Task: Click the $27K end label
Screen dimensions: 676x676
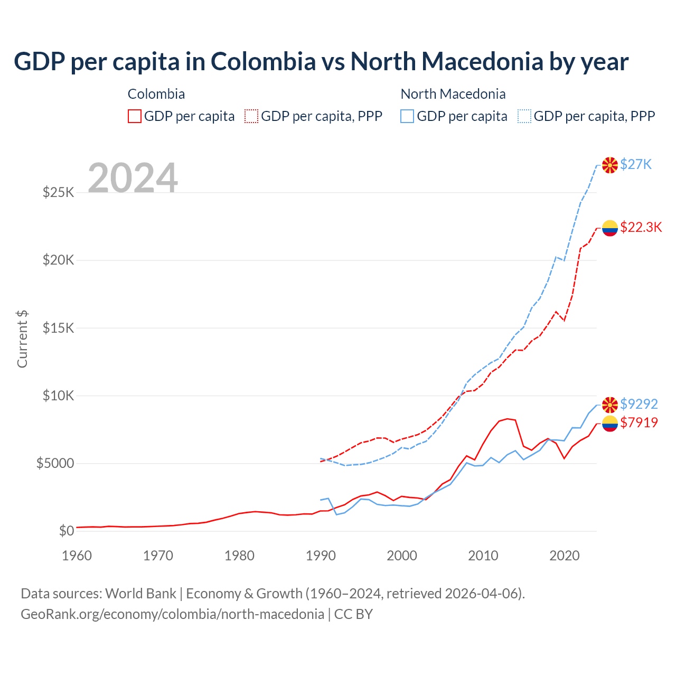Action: click(636, 165)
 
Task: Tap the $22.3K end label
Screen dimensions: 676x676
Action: click(641, 227)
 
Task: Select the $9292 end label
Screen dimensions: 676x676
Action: click(639, 404)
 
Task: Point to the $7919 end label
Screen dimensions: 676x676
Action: click(639, 422)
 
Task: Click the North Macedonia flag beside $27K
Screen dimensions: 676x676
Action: click(610, 165)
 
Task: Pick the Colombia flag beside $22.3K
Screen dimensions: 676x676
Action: click(610, 228)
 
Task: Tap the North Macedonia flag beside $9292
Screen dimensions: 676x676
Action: click(610, 405)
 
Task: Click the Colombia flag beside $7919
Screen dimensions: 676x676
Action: click(610, 423)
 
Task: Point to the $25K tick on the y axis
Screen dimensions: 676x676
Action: click(59, 192)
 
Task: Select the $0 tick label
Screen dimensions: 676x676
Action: click(67, 531)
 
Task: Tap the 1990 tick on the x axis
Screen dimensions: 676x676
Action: click(321, 556)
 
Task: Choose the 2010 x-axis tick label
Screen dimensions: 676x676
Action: click(483, 556)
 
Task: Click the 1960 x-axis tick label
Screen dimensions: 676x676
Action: click(77, 556)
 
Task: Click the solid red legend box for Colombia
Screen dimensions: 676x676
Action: click(135, 116)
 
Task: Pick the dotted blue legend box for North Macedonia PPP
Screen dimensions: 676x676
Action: click(524, 116)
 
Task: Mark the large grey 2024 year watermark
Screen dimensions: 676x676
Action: click(133, 179)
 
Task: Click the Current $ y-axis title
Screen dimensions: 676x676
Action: click(22, 339)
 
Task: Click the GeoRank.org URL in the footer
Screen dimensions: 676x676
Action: click(172, 614)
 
